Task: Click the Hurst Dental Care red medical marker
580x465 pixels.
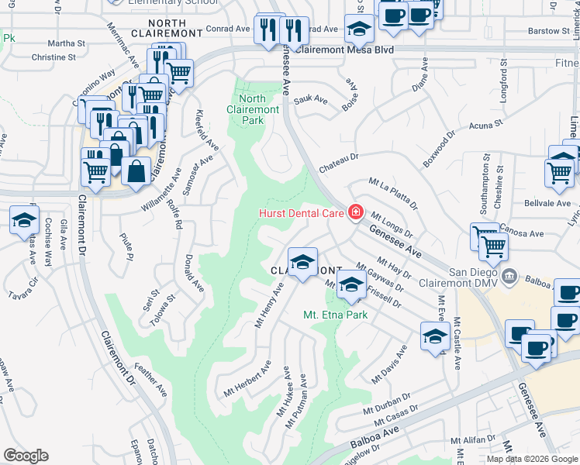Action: tap(356, 212)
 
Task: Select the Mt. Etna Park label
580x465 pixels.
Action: tap(335, 315)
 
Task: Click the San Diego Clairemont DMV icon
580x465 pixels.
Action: tap(510, 276)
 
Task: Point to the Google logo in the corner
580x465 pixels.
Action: tap(26, 455)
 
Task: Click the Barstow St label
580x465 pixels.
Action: tap(548, 31)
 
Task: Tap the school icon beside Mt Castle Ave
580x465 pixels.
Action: tap(436, 336)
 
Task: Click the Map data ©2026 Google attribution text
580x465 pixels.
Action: tap(531, 459)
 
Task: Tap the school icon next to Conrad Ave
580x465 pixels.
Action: tap(360, 29)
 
